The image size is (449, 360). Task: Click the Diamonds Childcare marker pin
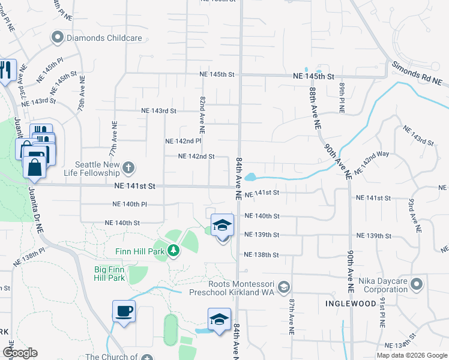[58, 38]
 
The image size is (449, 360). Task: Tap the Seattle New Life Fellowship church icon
[128, 166]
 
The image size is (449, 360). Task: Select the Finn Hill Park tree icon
[173, 250]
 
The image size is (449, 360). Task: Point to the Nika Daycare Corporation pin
[417, 283]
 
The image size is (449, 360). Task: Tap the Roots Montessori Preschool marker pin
[285, 286]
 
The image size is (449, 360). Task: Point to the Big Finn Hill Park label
[109, 274]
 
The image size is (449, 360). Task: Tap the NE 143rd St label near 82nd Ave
[158, 111]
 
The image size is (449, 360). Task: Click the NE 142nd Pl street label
[183, 141]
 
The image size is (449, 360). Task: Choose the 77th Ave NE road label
[113, 137]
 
